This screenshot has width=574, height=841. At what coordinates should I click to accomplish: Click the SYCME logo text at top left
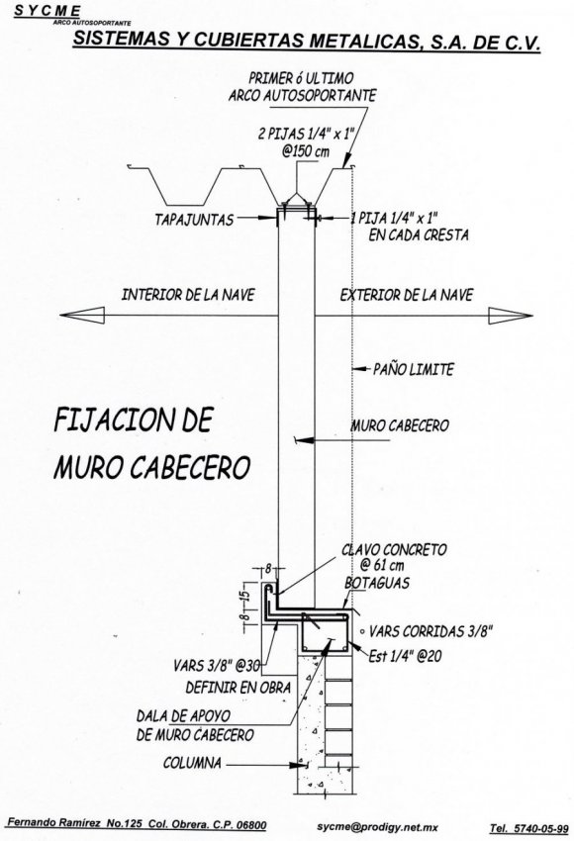(48, 10)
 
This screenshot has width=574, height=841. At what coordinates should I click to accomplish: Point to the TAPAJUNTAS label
(194, 220)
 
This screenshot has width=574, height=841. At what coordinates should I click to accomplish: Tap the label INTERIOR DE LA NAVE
(188, 295)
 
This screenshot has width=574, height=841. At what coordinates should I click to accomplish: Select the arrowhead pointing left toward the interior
(82, 315)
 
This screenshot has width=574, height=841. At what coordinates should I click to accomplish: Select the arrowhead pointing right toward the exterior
(510, 316)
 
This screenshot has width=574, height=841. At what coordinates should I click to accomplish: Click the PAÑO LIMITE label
(413, 369)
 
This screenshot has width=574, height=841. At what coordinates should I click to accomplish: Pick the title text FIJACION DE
(134, 420)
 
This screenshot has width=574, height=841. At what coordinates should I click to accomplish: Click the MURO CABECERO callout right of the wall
(400, 425)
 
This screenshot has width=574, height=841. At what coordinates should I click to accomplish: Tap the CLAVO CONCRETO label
(394, 550)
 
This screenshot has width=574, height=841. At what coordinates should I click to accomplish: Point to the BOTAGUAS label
(377, 583)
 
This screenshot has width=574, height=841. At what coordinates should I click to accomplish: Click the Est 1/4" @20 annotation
(405, 655)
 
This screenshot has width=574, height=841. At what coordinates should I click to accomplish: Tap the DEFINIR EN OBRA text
(239, 688)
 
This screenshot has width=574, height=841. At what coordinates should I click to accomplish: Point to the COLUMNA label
(192, 763)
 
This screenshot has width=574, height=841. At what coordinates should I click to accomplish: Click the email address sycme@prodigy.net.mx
(378, 827)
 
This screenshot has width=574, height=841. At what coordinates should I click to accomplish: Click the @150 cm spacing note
(306, 151)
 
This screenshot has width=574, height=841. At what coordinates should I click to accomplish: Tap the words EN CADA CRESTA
(419, 234)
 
